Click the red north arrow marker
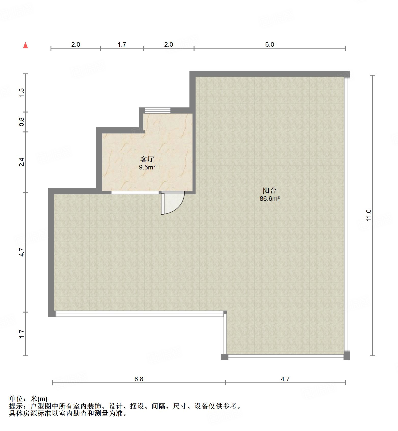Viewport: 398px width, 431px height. pyautogui.click(x=25, y=46)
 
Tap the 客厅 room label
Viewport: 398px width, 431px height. pyautogui.click(x=147, y=159)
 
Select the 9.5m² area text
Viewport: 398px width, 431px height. pyautogui.click(x=147, y=167)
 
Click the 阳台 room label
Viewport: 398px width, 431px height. pyautogui.click(x=269, y=190)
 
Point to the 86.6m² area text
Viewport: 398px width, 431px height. pyautogui.click(x=270, y=199)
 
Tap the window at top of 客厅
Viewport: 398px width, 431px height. pyautogui.click(x=157, y=110)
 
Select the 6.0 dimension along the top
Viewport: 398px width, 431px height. pyautogui.click(x=269, y=45)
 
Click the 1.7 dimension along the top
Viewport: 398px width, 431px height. pyautogui.click(x=122, y=45)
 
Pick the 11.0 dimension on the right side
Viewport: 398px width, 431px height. pyautogui.click(x=369, y=215)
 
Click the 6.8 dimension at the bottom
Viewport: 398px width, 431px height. pyautogui.click(x=139, y=379)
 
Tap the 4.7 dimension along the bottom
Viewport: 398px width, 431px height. pyautogui.click(x=285, y=379)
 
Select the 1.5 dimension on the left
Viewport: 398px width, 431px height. pyautogui.click(x=22, y=92)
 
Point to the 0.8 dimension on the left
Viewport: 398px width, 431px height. pyautogui.click(x=22, y=121)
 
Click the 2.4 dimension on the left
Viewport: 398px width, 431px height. pyautogui.click(x=22, y=162)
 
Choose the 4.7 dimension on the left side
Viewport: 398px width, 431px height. pyautogui.click(x=22, y=252)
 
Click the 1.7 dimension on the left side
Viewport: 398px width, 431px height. pyautogui.click(x=22, y=334)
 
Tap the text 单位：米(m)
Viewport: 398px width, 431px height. pyautogui.click(x=28, y=399)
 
